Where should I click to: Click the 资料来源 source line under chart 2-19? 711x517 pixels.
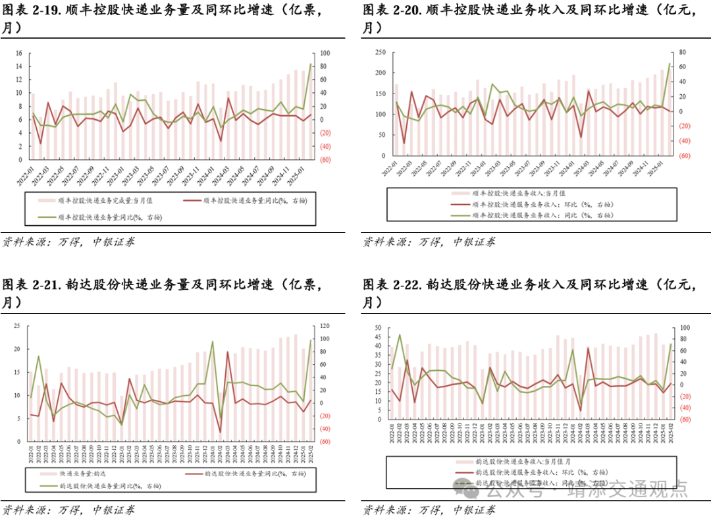point(69,242)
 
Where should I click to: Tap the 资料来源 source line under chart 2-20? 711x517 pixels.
point(429,242)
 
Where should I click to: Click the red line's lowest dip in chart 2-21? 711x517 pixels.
point(220,433)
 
